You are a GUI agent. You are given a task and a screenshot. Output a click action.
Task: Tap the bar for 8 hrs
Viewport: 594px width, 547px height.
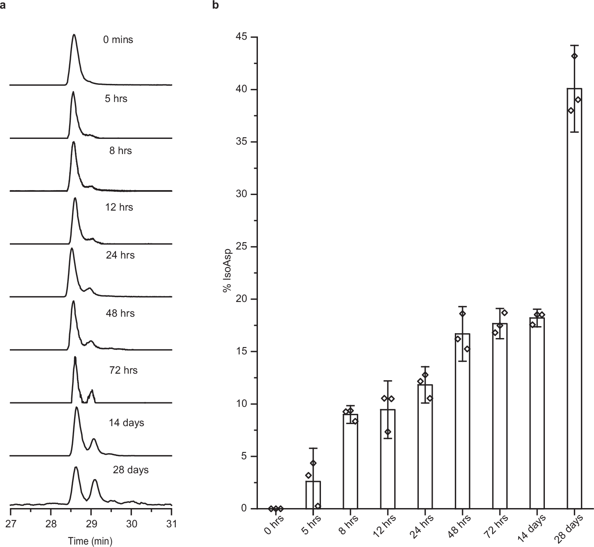350,461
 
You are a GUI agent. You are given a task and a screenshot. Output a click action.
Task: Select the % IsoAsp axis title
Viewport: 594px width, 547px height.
227,270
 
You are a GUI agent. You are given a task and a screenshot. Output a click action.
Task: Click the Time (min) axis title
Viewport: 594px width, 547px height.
90,540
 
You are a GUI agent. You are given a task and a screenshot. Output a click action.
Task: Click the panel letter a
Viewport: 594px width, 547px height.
3,5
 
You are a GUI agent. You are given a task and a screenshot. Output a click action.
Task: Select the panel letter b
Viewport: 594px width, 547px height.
215,5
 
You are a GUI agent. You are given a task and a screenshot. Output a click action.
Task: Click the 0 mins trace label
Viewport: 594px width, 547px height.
118,40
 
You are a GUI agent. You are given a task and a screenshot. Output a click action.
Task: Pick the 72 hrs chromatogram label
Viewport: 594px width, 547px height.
124,370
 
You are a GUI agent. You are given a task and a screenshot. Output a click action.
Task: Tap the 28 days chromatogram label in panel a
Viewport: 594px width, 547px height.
131,470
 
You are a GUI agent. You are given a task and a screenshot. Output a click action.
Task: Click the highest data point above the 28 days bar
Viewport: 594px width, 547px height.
574,56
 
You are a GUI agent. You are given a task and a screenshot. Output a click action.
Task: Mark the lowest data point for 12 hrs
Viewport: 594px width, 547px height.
388,432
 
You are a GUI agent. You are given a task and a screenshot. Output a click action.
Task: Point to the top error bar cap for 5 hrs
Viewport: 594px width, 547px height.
313,448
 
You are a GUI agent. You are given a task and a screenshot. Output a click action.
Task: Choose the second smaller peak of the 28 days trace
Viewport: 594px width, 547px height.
95,480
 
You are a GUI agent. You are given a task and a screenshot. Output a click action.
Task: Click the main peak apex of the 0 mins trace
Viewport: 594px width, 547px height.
74,35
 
